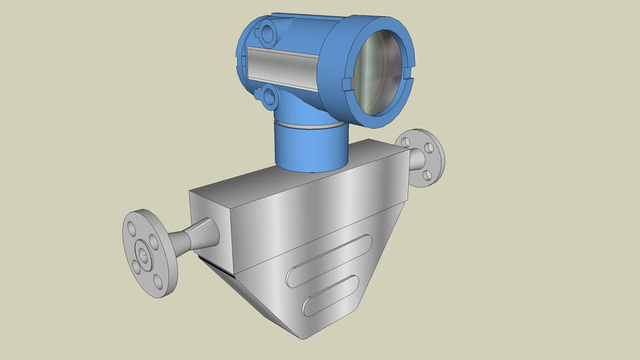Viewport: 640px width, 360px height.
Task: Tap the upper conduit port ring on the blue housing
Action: click(266, 32)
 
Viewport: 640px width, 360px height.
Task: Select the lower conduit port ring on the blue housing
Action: click(266, 97)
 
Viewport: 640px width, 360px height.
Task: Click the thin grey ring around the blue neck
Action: click(310, 126)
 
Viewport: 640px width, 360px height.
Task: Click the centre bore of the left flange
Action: click(144, 254)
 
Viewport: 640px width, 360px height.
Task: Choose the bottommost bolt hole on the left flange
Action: click(158, 282)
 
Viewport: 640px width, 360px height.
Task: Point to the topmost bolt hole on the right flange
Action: click(406, 142)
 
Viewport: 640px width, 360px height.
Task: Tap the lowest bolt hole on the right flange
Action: click(426, 174)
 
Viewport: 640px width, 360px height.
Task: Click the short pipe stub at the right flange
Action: click(415, 161)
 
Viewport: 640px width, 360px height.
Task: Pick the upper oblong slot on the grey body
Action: click(329, 261)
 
